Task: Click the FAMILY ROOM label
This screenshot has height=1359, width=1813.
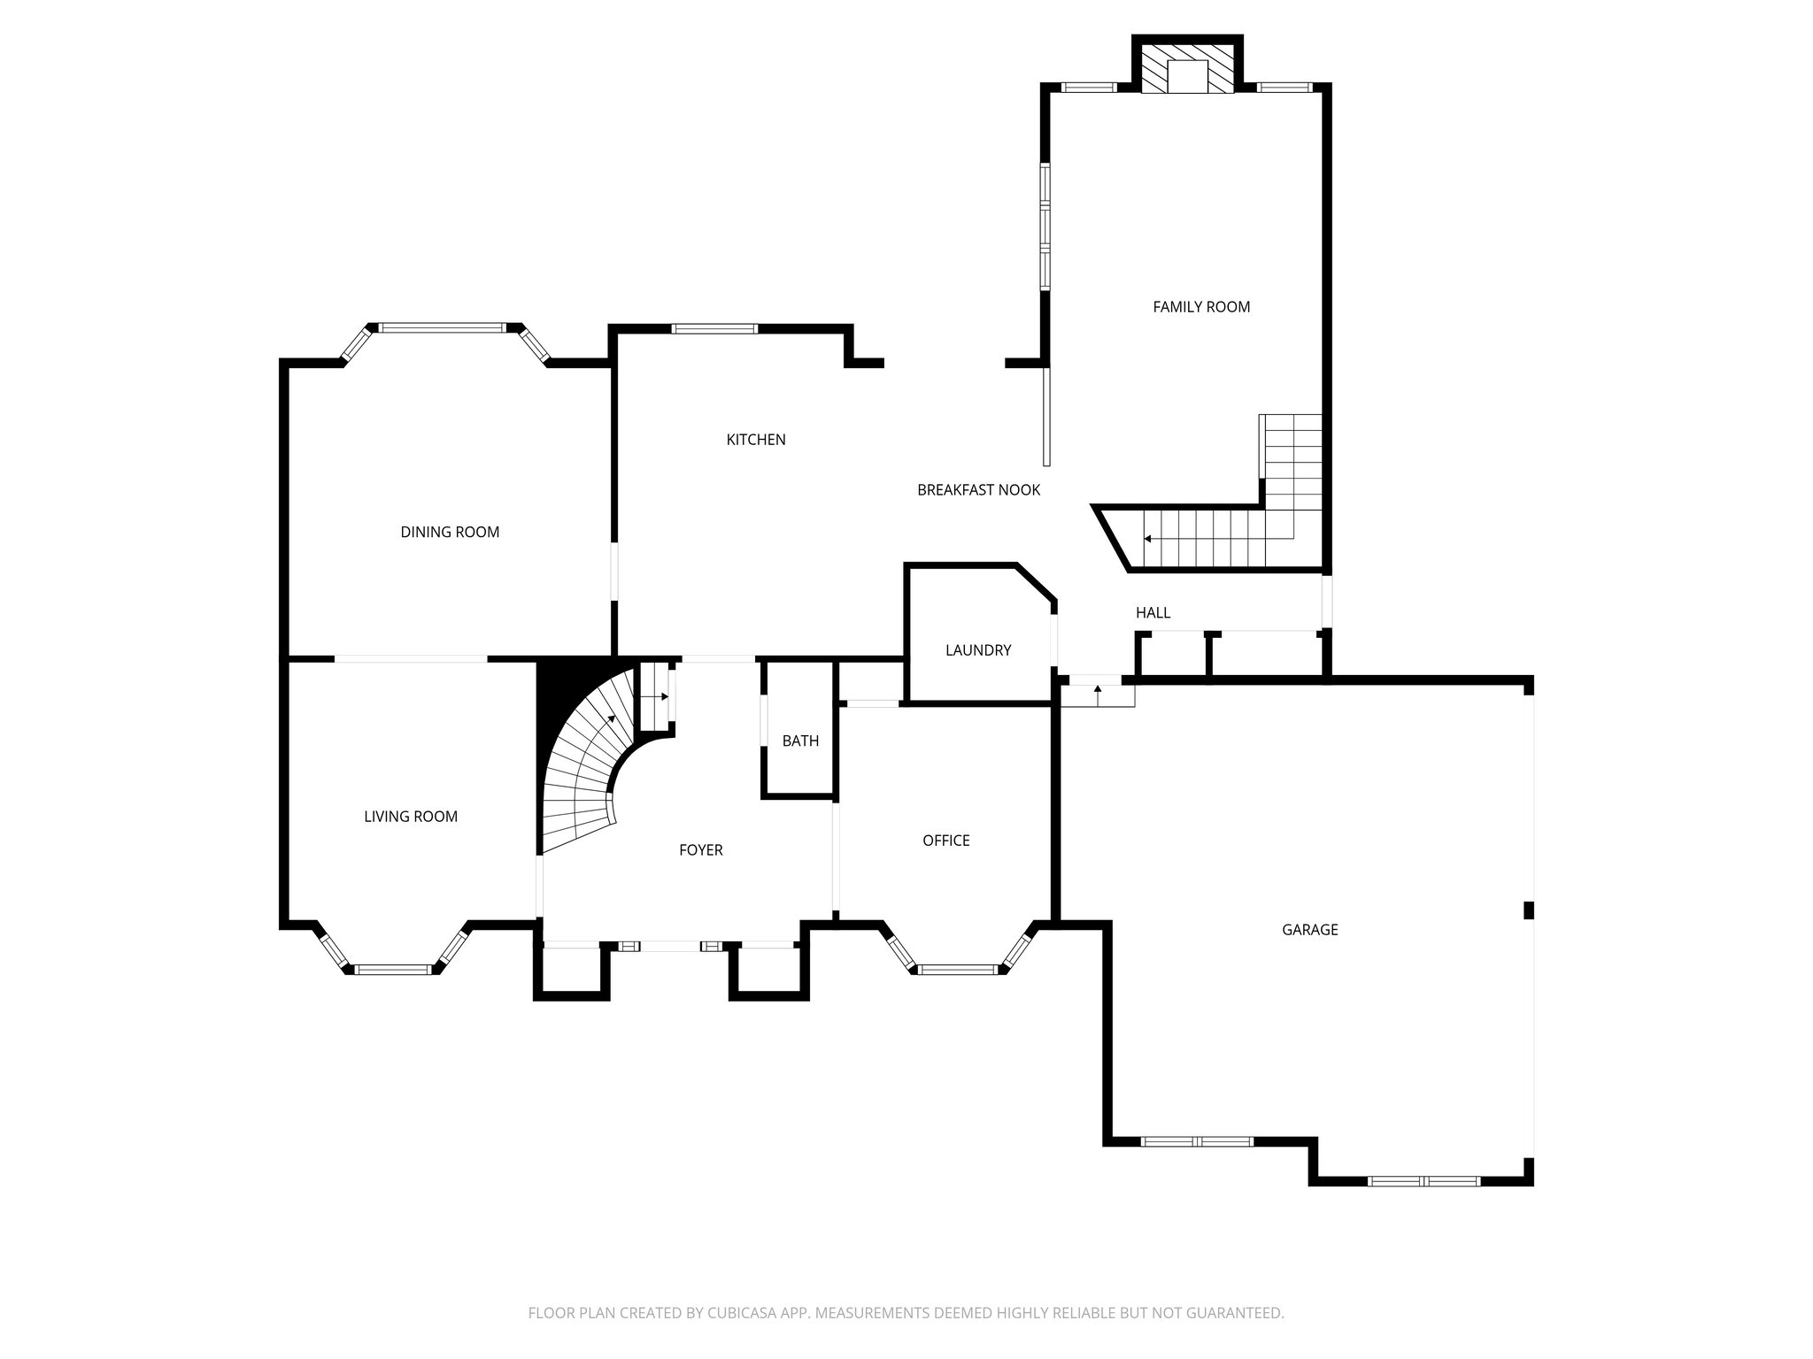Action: click(1201, 307)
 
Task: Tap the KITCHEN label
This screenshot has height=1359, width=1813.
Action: click(756, 440)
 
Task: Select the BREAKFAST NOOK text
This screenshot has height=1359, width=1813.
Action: click(978, 490)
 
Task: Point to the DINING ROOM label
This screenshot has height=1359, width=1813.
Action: click(450, 532)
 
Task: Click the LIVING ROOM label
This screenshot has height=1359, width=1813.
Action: click(411, 817)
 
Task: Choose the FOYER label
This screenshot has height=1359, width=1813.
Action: click(701, 850)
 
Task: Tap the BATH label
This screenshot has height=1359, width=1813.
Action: click(800, 741)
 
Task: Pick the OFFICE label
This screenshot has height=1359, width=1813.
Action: click(946, 841)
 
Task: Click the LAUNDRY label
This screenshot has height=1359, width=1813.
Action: click(978, 650)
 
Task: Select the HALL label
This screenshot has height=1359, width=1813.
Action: click(1153, 612)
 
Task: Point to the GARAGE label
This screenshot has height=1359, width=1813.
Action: click(1310, 930)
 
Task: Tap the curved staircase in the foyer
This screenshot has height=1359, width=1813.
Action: click(584, 770)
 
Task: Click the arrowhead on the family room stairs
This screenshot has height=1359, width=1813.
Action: click(1148, 538)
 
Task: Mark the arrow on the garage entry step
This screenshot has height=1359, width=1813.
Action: click(1098, 689)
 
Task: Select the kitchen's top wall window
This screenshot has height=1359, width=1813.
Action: click(714, 329)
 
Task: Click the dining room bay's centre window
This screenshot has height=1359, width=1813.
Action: click(444, 327)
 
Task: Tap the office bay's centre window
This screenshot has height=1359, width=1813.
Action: click(958, 970)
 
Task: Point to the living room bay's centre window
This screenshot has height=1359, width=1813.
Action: click(393, 970)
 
